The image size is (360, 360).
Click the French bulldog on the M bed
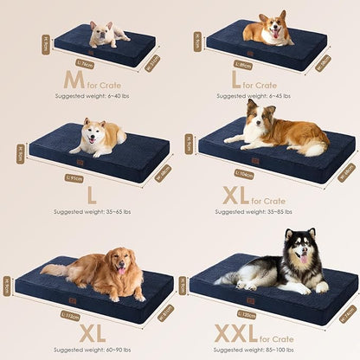coord(108,34)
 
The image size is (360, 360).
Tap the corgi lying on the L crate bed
coord(267,32)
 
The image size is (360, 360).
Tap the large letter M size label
coord(74,80)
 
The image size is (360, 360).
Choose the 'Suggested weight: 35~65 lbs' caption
coord(91,210)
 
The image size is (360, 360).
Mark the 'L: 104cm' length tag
coord(245,173)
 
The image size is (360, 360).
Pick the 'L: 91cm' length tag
coord(75,178)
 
